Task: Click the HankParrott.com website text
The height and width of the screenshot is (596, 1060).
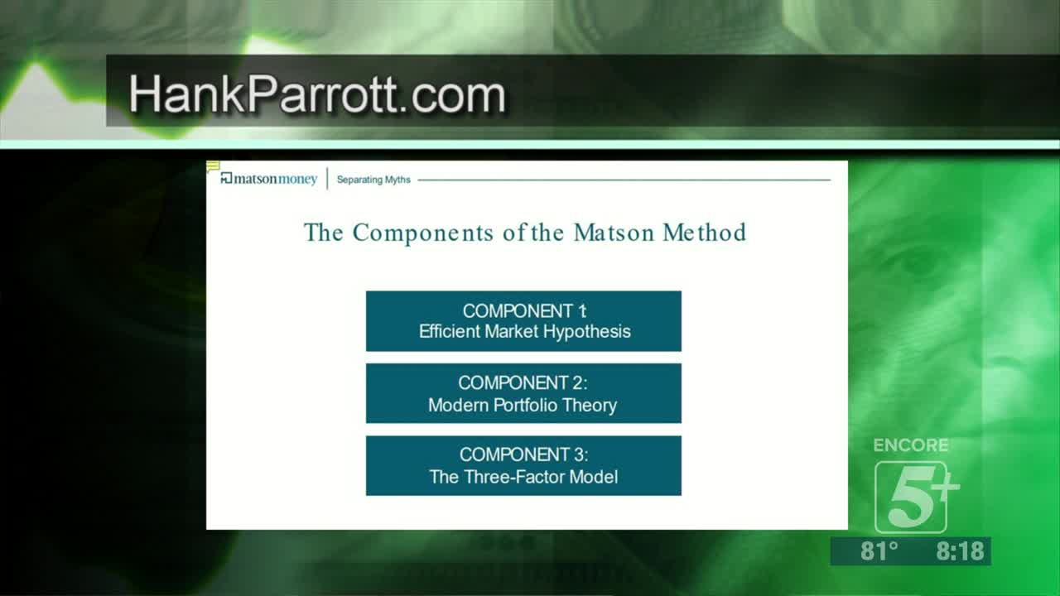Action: [x=317, y=94]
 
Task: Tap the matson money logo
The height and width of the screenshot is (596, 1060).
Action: [x=269, y=179]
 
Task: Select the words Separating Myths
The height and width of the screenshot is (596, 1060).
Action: [x=373, y=180]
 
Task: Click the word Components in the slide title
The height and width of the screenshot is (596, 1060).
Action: [x=423, y=233]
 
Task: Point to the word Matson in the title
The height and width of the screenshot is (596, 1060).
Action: [x=614, y=233]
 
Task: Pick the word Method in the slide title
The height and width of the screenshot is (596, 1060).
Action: [x=704, y=233]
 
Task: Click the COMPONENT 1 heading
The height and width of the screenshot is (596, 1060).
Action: [x=524, y=310]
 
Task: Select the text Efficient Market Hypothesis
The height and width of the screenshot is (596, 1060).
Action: [x=524, y=332]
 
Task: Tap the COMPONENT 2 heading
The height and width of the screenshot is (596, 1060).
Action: [x=523, y=382]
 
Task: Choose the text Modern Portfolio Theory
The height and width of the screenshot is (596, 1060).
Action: [x=523, y=405]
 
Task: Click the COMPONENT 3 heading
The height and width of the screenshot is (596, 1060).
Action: [x=523, y=454]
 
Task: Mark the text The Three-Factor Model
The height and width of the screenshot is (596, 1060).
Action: [x=523, y=477]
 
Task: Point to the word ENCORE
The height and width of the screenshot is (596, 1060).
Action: [x=910, y=445]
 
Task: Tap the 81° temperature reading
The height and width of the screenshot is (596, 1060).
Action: [x=879, y=551]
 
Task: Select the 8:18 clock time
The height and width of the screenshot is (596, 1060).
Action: [x=960, y=551]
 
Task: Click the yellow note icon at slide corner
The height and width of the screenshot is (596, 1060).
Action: [x=213, y=166]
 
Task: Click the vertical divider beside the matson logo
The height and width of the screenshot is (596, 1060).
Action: [x=327, y=178]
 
